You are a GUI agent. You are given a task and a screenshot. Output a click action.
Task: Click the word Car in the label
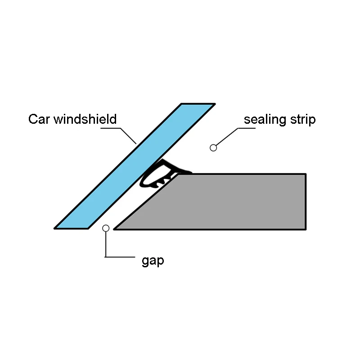click(x=40, y=119)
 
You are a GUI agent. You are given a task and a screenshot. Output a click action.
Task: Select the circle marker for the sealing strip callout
click(x=213, y=148)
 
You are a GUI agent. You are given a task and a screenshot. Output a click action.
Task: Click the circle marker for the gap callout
click(x=106, y=228)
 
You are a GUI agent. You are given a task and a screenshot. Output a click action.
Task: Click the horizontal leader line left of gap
click(x=120, y=257)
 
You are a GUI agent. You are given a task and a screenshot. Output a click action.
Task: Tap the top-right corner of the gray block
click(x=306, y=174)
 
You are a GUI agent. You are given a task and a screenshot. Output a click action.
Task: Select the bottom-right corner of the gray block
click(x=306, y=229)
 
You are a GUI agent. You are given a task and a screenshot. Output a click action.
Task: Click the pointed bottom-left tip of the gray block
click(x=115, y=229)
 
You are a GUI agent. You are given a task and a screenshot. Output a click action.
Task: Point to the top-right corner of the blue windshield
click(x=214, y=104)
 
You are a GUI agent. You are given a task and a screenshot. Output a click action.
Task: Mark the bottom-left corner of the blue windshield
click(x=55, y=228)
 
